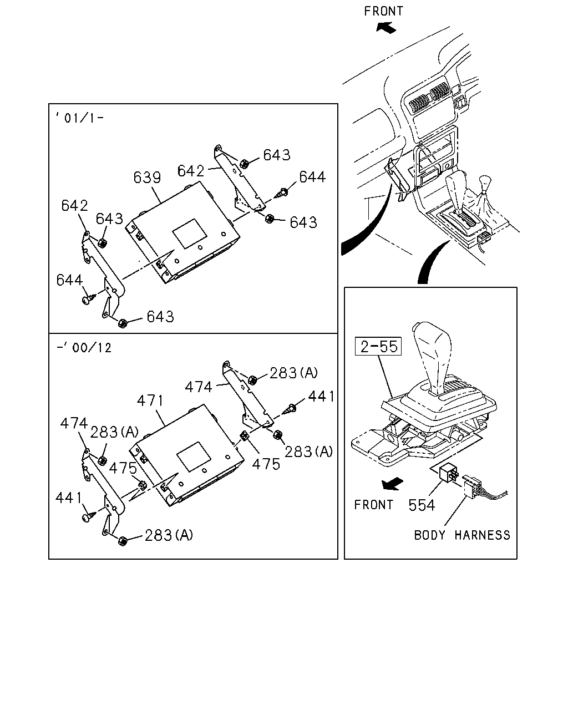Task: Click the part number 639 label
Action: coord(147,177)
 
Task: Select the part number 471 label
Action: coord(150,401)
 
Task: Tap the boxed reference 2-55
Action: coord(378,346)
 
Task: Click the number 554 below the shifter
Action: coord(422,505)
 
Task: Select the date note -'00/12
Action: coord(84,347)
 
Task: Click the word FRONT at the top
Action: coord(383,11)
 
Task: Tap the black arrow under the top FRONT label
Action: coord(386,27)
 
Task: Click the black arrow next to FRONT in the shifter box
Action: coord(392,484)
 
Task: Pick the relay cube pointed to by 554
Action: coord(447,475)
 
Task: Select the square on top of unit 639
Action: coord(190,234)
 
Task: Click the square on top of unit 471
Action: coord(194,457)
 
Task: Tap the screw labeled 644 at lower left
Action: coord(88,298)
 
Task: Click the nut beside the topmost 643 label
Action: coord(244,164)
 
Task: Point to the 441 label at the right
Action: coord(321,396)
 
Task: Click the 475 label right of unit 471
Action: coord(266,464)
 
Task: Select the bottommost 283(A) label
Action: coord(168,535)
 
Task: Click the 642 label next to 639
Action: coord(191,171)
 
